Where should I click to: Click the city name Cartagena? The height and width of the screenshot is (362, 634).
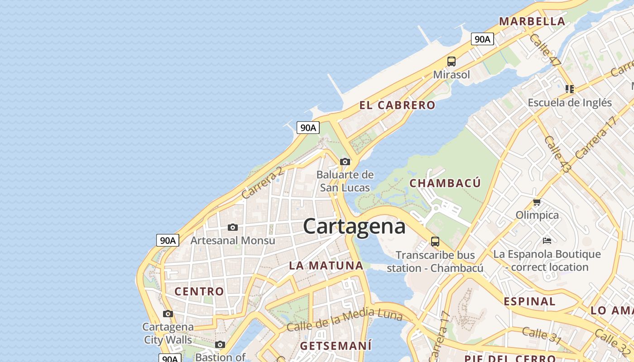pyautogui.click(x=354, y=226)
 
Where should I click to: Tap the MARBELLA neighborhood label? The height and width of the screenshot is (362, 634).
pyautogui.click(x=532, y=21)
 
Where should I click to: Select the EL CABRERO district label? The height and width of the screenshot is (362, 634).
pyautogui.click(x=397, y=105)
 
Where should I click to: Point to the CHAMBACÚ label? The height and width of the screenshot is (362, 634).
pyautogui.click(x=445, y=183)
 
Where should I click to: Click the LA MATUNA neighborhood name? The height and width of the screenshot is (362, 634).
pyautogui.click(x=326, y=266)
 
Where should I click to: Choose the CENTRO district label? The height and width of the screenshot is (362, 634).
pyautogui.click(x=199, y=291)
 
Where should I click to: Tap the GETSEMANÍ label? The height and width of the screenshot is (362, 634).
pyautogui.click(x=336, y=346)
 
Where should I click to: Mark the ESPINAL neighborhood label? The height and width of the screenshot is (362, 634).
pyautogui.click(x=529, y=301)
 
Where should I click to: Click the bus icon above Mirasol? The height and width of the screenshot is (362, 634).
pyautogui.click(x=451, y=62)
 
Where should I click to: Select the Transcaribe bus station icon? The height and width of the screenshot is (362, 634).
pyautogui.click(x=435, y=241)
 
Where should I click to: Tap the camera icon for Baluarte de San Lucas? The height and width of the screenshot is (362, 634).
pyautogui.click(x=345, y=162)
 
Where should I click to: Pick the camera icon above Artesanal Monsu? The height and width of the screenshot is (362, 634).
pyautogui.click(x=232, y=227)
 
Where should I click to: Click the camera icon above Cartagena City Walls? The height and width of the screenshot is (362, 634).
pyautogui.click(x=168, y=314)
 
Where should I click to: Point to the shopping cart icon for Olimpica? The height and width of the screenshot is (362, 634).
pyautogui.click(x=537, y=202)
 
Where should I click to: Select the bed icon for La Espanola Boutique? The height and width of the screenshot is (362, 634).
pyautogui.click(x=547, y=240)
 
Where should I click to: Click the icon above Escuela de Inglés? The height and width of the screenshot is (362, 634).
pyautogui.click(x=570, y=89)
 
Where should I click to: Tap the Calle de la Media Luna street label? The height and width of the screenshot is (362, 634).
pyautogui.click(x=344, y=319)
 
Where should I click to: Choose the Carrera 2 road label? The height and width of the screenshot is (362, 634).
pyautogui.click(x=262, y=183)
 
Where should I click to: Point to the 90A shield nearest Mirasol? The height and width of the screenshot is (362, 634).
pyautogui.click(x=482, y=39)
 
